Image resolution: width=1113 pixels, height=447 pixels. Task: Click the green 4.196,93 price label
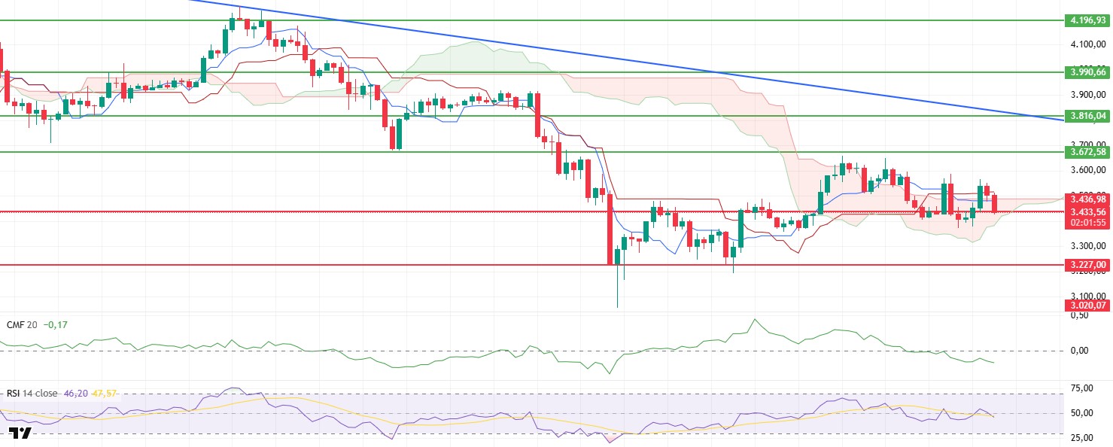(x=1087, y=20)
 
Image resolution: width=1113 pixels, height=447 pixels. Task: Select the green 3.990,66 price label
(x=1087, y=72)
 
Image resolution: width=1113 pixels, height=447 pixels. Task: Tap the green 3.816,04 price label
(x=1087, y=116)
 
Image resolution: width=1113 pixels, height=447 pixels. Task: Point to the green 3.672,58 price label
(x=1087, y=152)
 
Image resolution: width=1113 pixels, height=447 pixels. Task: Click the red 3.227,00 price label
(x=1087, y=265)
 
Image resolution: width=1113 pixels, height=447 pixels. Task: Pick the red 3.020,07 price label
(x=1087, y=305)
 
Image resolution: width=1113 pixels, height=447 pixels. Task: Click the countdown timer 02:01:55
(x=1087, y=223)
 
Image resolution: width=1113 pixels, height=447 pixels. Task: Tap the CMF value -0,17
(x=55, y=324)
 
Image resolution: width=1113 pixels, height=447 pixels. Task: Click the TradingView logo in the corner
(x=20, y=433)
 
